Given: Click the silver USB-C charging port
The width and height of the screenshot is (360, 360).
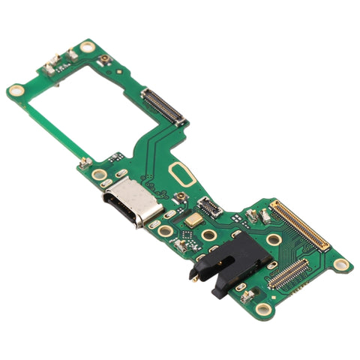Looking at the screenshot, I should pos(124,203).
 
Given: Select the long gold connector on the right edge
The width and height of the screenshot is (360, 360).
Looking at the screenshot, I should pos(299,226).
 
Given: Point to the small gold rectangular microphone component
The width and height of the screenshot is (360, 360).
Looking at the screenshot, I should pos(193,220).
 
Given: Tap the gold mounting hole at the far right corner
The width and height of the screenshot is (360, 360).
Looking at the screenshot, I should pos(341,264).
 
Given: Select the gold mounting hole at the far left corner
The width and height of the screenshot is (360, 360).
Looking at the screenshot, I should pos(16,91).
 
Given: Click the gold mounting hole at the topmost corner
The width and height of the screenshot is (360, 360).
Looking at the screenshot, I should pos(88,46).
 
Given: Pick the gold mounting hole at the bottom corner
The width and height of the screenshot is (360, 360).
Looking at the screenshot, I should pos(262,308).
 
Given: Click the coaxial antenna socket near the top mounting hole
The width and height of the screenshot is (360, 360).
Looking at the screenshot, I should pos(105,58).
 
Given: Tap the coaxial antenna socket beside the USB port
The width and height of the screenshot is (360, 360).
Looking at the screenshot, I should pos(181,197).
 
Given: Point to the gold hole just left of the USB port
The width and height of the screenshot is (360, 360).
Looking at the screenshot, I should pos(99,175).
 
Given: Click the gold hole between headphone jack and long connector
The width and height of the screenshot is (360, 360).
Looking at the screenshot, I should pos(274,240).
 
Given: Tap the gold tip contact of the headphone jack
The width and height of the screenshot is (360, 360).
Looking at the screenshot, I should pos(194,275).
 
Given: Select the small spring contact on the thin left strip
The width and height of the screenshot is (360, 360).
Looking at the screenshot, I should pos(85,161).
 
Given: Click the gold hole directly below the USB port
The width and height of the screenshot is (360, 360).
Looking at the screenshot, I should pos(163,231).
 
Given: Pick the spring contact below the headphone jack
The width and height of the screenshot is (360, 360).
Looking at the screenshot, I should pos(246,295).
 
